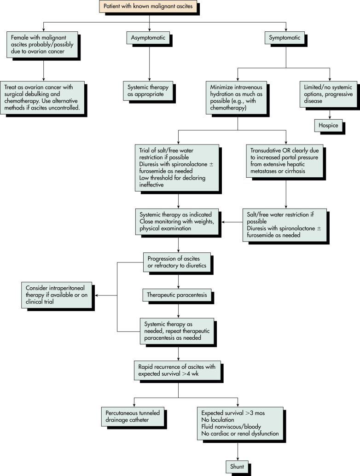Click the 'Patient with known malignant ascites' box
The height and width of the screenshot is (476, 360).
(148, 6)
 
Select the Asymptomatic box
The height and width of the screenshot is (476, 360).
(148, 38)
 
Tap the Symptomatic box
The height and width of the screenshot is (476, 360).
(285, 38)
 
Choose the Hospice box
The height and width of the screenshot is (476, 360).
(328, 125)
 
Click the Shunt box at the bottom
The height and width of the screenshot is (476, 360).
(237, 467)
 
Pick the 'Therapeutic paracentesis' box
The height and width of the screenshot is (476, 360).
(177, 295)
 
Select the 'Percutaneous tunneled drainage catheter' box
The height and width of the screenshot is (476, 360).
(133, 417)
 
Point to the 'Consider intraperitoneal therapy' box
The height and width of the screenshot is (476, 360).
(57, 295)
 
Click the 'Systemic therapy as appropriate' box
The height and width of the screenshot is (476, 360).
(148, 91)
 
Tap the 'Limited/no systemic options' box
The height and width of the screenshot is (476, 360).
(328, 94)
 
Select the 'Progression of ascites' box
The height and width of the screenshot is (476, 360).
(177, 262)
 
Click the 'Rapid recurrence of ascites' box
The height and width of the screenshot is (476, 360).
(177, 371)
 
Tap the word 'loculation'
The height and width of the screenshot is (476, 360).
(221, 420)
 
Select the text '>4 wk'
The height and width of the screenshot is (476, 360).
(190, 374)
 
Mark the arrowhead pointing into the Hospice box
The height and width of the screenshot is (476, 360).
(330, 117)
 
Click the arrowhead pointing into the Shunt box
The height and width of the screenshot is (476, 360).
(238, 459)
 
